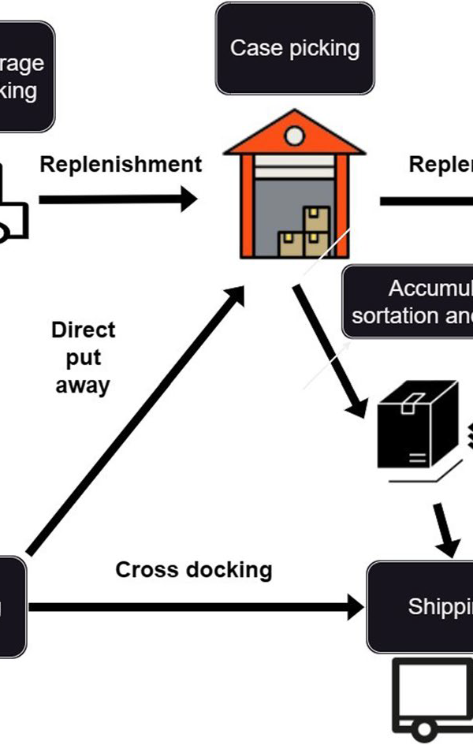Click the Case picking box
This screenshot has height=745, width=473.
pos(295,48)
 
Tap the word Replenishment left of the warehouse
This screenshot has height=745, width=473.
pos(121,165)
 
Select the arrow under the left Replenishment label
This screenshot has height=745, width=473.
pos(118,199)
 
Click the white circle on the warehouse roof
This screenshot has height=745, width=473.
pos(295,136)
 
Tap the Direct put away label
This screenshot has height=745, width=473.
pos(83,357)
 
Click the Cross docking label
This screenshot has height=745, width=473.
pos(194,569)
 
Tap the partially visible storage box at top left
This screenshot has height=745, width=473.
pos(24,76)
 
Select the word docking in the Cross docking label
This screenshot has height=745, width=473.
pos(229,569)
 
